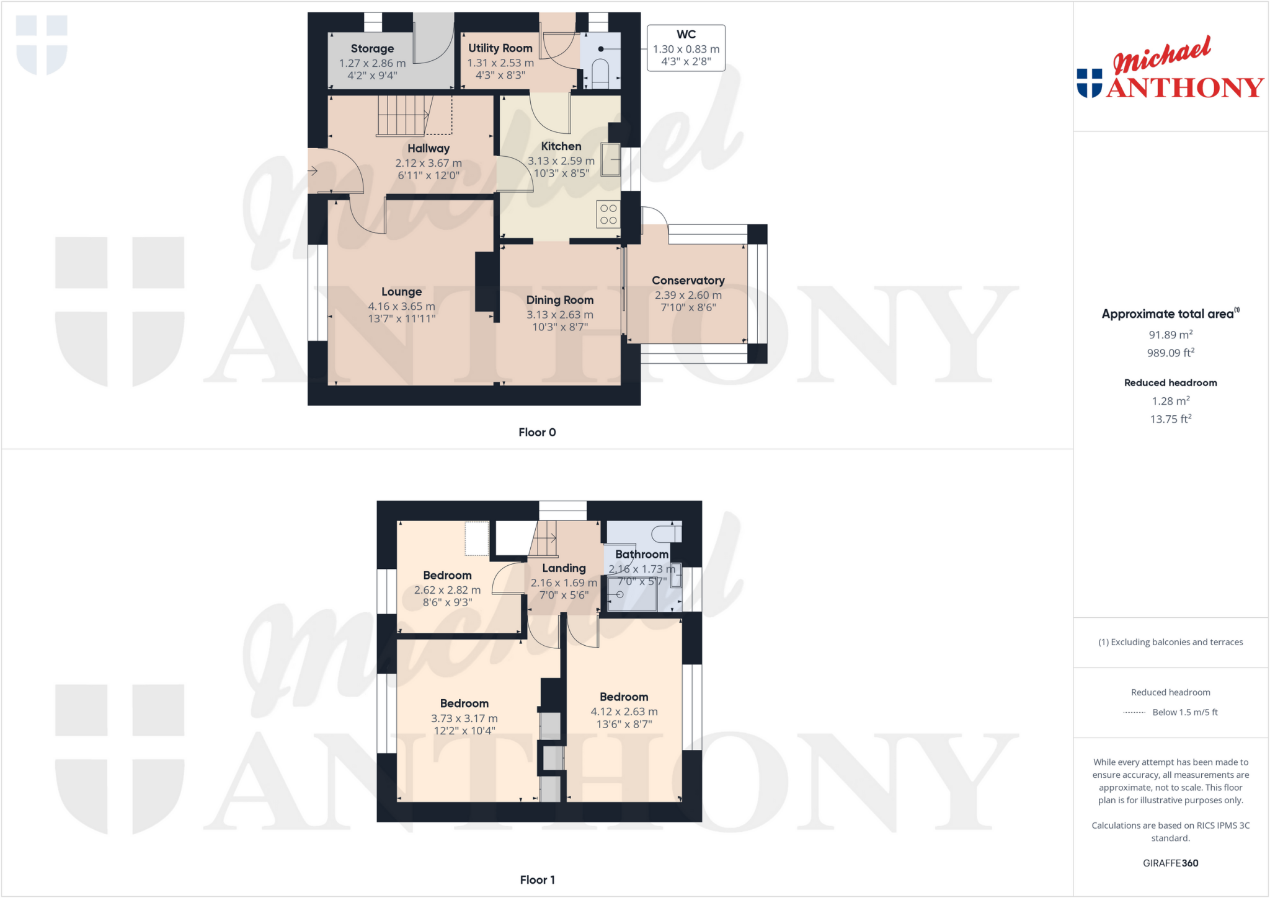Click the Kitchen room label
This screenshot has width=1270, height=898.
click(561, 146)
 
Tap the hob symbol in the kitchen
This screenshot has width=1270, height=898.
click(608, 214)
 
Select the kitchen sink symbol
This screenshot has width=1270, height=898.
click(611, 159)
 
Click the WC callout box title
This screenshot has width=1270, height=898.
click(686, 35)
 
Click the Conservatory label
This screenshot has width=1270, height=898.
click(688, 281)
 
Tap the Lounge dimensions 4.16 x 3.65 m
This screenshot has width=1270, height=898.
click(401, 306)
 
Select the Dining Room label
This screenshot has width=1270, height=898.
click(559, 300)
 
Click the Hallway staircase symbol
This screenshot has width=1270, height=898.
click(403, 115)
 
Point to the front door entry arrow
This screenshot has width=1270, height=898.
click(313, 170)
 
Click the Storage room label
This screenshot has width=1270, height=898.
click(372, 48)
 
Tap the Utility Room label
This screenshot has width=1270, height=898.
click(500, 48)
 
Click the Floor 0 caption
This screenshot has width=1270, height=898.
click(537, 433)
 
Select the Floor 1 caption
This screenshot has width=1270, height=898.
click(537, 880)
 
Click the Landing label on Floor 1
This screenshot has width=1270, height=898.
click(564, 568)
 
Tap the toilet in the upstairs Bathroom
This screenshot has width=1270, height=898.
click(667, 532)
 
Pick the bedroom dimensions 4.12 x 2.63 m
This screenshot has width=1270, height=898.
click(624, 711)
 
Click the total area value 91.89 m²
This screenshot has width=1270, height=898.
click(1170, 335)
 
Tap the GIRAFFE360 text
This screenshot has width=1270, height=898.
click(1170, 863)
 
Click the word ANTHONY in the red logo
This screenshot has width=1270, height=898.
click(1184, 88)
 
